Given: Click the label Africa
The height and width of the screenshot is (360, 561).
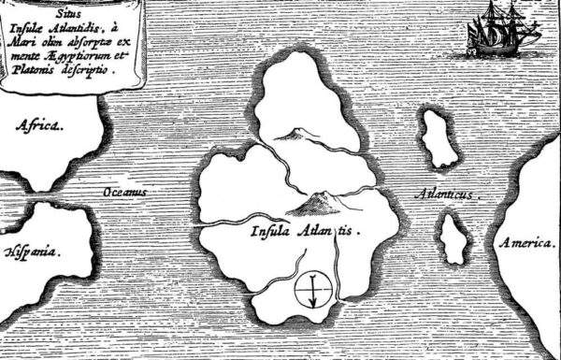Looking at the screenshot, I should pos(40,124).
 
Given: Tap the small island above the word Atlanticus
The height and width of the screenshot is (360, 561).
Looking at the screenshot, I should pos(437,137).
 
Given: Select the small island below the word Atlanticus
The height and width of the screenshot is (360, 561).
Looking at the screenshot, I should pos(454,238).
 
